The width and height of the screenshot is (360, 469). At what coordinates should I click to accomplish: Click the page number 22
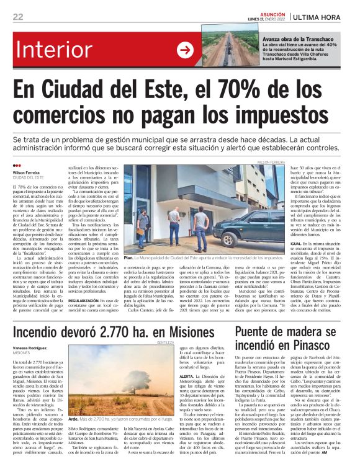click(x=18, y=16)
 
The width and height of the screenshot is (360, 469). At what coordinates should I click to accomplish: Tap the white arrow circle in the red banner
click(x=184, y=50)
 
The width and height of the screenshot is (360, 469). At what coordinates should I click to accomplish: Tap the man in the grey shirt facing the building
click(x=143, y=227)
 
